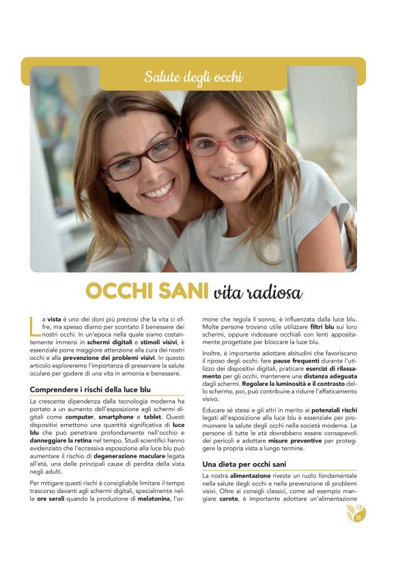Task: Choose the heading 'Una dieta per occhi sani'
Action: tap(243, 464)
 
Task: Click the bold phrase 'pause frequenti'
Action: tap(299, 361)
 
